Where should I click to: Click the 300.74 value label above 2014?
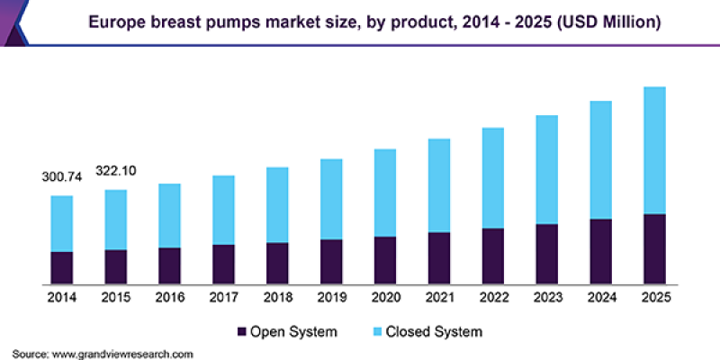pos(62,177)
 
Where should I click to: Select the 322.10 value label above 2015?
pos(116,171)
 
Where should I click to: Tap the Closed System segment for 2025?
pos(654,150)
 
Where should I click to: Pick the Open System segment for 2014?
pos(62,267)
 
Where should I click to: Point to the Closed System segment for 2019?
pos(331,199)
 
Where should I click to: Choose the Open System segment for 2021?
pos(439,257)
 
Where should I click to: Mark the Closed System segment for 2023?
pos(546,169)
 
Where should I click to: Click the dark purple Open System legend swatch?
pos(241,332)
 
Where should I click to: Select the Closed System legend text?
pos(434,332)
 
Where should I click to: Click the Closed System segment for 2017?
pos(223,210)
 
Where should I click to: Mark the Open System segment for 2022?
pos(492,256)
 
